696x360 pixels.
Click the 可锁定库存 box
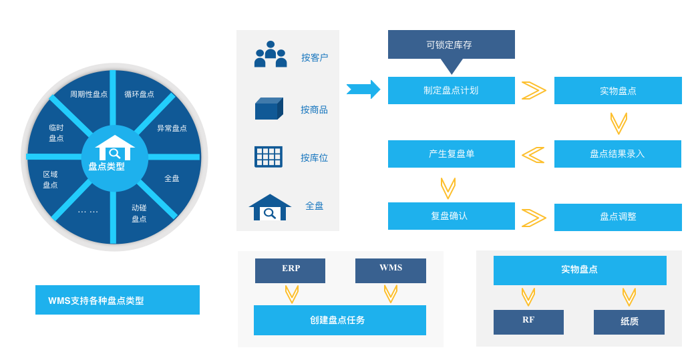pyautogui.click(x=451, y=44)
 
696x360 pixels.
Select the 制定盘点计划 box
pyautogui.click(x=451, y=90)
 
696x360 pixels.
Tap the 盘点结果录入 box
pyautogui.click(x=617, y=154)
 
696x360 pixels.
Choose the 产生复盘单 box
pyautogui.click(x=451, y=154)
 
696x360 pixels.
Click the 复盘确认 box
pyautogui.click(x=451, y=216)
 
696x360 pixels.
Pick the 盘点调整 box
pyautogui.click(x=617, y=217)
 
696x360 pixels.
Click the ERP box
pyautogui.click(x=290, y=271)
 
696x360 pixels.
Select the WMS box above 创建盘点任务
pyautogui.click(x=390, y=271)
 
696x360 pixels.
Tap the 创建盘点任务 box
pyautogui.click(x=339, y=320)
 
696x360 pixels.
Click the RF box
pyautogui.click(x=528, y=322)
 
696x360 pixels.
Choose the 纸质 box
pyautogui.click(x=629, y=322)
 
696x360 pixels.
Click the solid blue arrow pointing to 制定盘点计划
pyautogui.click(x=363, y=89)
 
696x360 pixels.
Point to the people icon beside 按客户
pyautogui.click(x=271, y=55)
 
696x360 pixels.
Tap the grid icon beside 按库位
pyautogui.click(x=269, y=156)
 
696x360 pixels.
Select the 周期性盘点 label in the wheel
pyautogui.click(x=89, y=94)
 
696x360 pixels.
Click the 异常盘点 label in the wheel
pyautogui.click(x=172, y=128)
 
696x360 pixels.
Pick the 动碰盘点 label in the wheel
pyautogui.click(x=139, y=213)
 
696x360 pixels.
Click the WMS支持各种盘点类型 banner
pyautogui.click(x=117, y=300)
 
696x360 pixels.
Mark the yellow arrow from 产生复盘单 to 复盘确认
pyautogui.click(x=448, y=188)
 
